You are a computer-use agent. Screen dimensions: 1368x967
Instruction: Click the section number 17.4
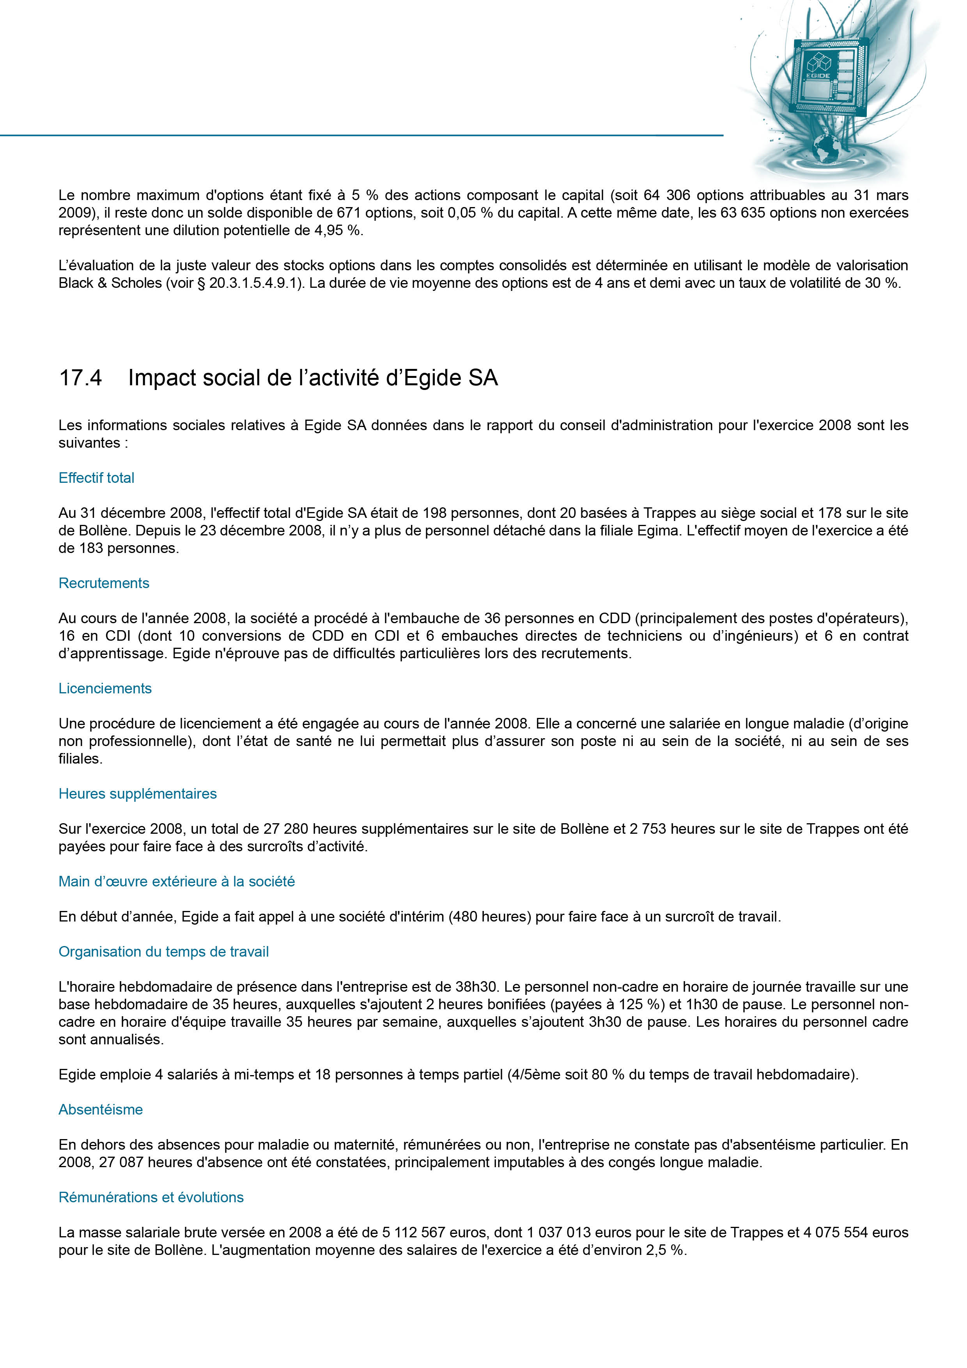(80, 378)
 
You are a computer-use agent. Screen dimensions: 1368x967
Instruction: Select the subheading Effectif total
(97, 478)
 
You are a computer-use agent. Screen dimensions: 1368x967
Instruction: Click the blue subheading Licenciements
(105, 688)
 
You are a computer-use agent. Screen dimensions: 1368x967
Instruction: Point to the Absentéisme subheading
(101, 1109)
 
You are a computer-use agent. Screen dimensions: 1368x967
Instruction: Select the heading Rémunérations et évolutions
(151, 1197)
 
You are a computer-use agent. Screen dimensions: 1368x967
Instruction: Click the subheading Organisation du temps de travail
(163, 952)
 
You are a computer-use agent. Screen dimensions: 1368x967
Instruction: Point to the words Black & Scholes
(110, 283)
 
